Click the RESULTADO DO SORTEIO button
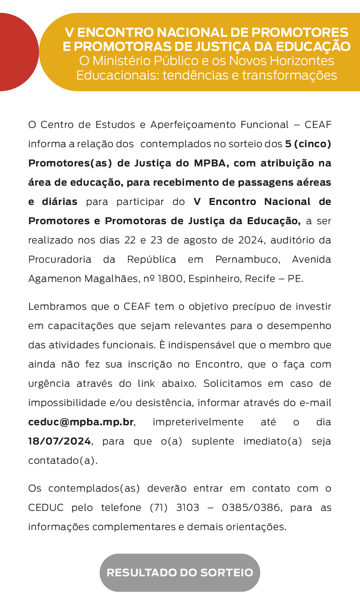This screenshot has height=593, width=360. pos(180,572)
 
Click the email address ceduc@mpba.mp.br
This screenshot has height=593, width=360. pos(81,422)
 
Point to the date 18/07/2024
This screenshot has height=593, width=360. pos(59,441)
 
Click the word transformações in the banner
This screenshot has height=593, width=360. pos(290,75)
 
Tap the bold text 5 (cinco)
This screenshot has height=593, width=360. pos(308,144)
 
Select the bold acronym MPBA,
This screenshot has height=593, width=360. pos(212,163)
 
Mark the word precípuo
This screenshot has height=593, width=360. pos(234,306)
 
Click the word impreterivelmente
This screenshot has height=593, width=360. pos(198,422)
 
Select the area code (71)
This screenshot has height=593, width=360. pos(158,507)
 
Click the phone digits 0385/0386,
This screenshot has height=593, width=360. pos(252,507)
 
